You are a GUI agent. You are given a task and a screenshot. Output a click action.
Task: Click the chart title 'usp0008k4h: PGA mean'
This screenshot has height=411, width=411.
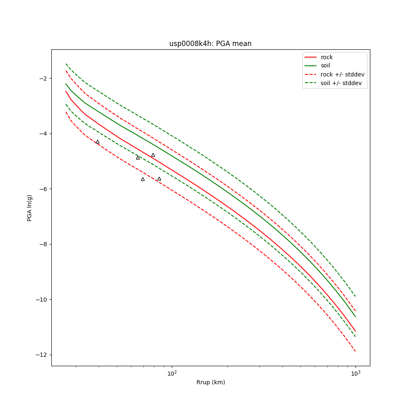click(210, 44)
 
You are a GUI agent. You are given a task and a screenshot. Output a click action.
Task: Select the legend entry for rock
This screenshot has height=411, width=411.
click(327, 57)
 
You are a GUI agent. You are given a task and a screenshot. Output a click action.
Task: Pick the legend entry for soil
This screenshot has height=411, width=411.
click(326, 66)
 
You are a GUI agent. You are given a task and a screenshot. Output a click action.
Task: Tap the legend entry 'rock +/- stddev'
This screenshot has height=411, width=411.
click(342, 74)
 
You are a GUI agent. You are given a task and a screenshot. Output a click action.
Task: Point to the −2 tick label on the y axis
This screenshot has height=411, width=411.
click(44, 79)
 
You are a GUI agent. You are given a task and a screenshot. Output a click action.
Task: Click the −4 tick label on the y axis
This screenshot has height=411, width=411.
click(44, 134)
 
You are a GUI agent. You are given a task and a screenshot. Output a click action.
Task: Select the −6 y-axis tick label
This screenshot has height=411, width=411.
click(44, 189)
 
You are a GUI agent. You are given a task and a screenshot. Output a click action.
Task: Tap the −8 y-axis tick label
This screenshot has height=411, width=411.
click(44, 244)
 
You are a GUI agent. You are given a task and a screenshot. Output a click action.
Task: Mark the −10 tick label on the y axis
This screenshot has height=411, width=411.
click(42, 300)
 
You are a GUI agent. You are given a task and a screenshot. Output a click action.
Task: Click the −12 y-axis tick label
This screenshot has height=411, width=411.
click(42, 355)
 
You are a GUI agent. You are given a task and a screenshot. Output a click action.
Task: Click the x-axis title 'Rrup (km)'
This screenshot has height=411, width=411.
click(210, 382)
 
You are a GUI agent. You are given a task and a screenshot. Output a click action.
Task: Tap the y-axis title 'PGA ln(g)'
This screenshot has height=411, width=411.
click(30, 208)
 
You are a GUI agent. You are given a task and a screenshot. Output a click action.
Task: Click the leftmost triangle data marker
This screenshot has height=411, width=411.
click(97, 142)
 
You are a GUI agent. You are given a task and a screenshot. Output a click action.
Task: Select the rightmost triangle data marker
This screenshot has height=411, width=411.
click(159, 179)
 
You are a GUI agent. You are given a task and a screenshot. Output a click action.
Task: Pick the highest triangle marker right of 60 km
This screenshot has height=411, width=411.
click(153, 155)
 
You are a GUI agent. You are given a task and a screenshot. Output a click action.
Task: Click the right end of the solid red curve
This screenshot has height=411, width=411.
click(356, 331)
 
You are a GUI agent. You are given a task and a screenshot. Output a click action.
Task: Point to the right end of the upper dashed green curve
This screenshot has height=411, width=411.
click(356, 296)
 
